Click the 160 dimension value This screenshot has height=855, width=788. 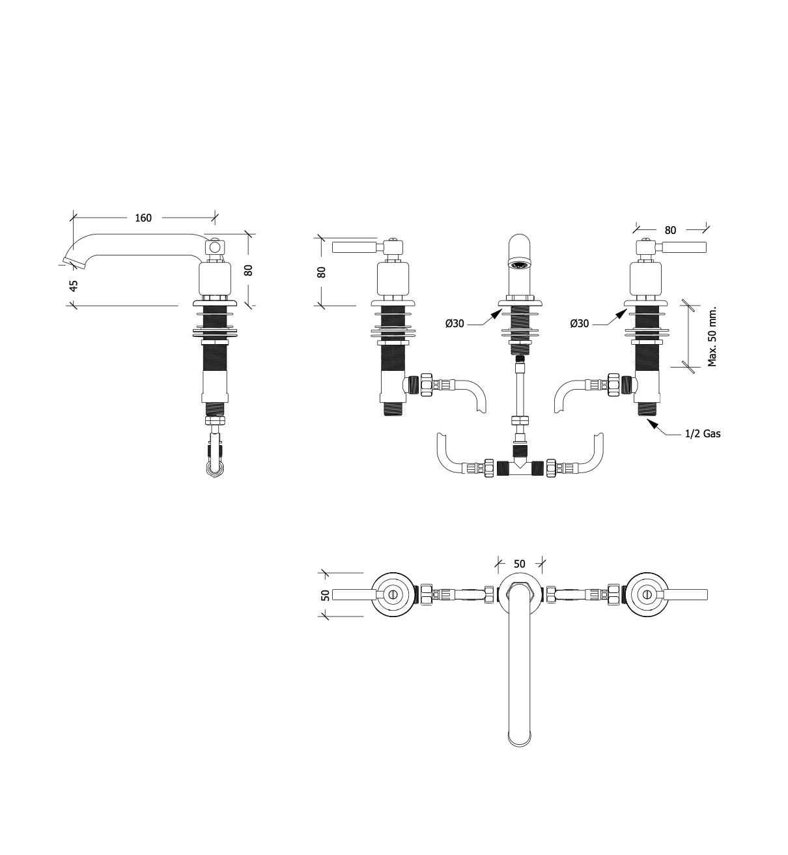click(143, 218)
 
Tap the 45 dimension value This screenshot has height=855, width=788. click(74, 286)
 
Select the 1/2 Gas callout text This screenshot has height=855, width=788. click(703, 433)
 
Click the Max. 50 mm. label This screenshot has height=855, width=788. click(712, 337)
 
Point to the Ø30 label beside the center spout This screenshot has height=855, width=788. click(455, 323)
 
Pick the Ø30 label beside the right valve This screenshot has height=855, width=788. click(579, 323)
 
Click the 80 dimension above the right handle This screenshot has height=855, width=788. click(671, 230)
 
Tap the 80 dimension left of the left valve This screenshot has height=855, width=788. click(321, 272)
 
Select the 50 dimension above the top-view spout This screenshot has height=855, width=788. click(520, 564)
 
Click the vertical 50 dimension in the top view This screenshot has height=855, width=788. click(326, 595)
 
